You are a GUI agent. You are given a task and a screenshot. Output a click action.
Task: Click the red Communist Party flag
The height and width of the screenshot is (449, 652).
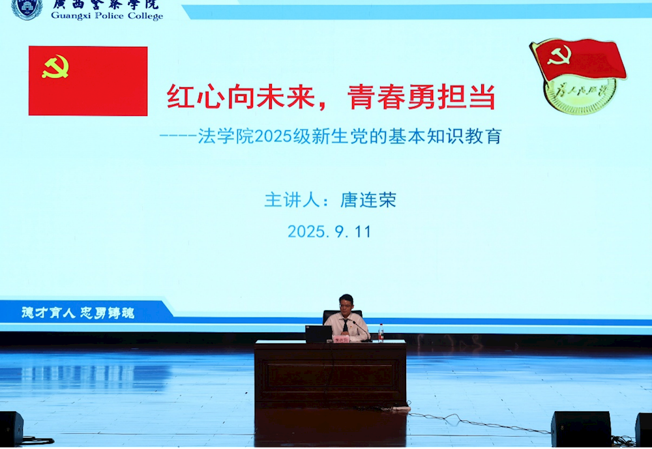[x=88, y=81]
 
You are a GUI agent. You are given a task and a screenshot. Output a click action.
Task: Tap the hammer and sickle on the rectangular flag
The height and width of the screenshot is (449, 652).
[x=55, y=66]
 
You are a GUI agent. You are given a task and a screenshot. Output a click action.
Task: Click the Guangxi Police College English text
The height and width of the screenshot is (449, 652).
[x=107, y=16]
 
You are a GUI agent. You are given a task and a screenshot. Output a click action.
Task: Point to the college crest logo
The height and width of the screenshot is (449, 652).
[x=27, y=8]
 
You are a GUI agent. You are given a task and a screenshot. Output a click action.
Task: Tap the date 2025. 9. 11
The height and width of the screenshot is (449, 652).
[x=329, y=231]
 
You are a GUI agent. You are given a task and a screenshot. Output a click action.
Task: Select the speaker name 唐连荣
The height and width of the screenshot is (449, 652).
[x=368, y=200]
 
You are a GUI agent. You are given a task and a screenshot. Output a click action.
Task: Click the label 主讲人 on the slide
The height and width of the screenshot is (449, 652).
[x=287, y=200]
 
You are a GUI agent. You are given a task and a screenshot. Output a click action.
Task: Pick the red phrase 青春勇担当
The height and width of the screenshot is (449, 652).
[x=421, y=98]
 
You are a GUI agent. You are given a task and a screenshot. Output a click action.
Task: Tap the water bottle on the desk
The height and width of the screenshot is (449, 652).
[x=381, y=333]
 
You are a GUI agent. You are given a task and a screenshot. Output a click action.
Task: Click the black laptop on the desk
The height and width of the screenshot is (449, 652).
[x=319, y=334]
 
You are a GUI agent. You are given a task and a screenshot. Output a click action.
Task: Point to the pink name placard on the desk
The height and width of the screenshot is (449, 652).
[x=342, y=339]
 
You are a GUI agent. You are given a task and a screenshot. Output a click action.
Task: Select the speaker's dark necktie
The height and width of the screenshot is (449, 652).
[x=345, y=324]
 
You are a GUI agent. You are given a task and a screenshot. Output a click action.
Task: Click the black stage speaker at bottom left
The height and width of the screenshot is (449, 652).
[x=11, y=428]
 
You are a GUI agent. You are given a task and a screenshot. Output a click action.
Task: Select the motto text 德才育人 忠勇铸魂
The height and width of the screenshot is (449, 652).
[x=78, y=313]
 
